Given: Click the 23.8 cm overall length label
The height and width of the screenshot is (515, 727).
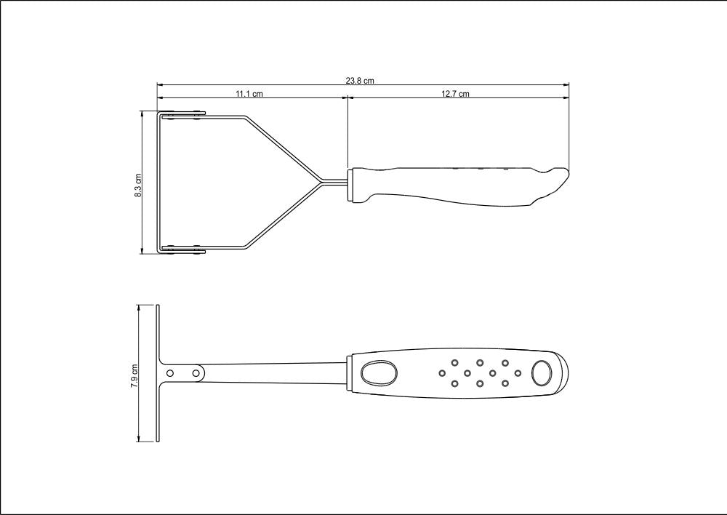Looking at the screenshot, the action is point(360,81).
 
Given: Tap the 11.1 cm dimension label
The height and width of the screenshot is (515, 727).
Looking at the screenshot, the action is point(249,94).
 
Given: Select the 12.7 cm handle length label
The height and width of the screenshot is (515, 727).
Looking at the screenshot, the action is point(455,94).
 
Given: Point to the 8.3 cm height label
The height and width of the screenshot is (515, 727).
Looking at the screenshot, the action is point(138,185).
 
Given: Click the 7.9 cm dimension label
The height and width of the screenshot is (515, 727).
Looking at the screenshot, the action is point(134,375).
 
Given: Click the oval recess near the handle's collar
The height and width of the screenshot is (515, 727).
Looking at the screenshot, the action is point(379,372).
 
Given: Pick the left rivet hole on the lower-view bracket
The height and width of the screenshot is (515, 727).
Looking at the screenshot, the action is point(170,372).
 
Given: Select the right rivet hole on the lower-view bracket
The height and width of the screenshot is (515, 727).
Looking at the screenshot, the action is point(196,372).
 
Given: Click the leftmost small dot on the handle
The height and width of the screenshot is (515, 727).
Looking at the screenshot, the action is point(442,372).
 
